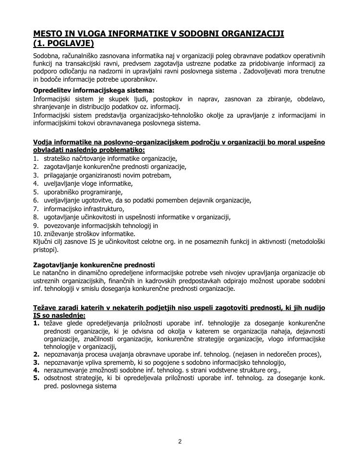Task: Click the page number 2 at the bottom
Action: [x=180, y=442]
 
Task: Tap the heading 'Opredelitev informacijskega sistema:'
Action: [x=87, y=90]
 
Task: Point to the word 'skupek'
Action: [x=112, y=99]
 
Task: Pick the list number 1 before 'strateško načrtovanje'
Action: [x=36, y=158]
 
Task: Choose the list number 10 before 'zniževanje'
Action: [x=37, y=234]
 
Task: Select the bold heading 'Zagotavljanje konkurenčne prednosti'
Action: [x=94, y=264]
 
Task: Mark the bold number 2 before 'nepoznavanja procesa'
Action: [x=36, y=355]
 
